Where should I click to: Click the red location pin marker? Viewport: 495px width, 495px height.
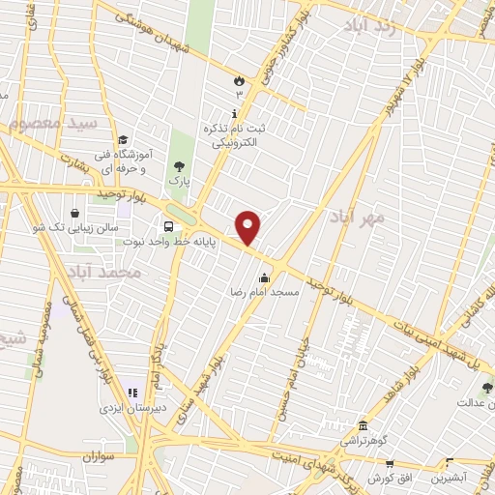pos(248,229)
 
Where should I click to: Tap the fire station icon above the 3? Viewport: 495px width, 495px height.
pos(238,82)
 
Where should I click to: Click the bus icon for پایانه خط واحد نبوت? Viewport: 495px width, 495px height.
pos(170,226)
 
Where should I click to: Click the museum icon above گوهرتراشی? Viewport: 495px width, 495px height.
pos(363,426)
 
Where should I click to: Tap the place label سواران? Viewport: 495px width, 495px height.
pos(99,454)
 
